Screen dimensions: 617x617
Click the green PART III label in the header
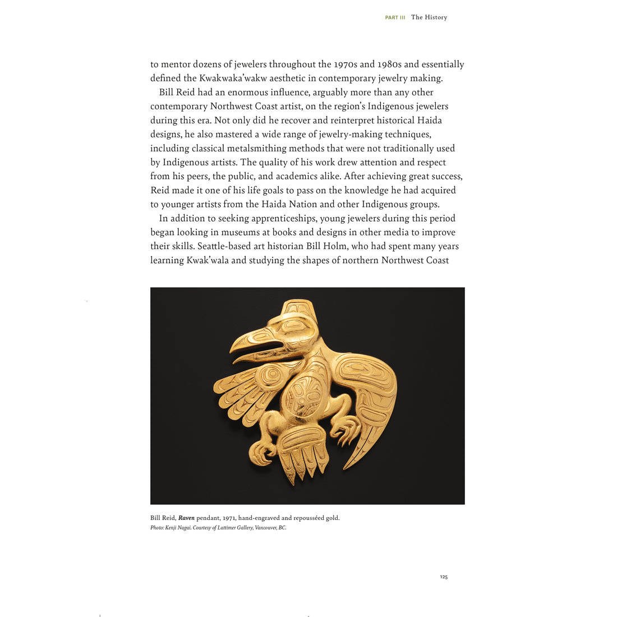(x=395, y=18)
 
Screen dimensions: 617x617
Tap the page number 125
(x=444, y=577)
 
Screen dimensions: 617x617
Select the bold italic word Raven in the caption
(x=186, y=518)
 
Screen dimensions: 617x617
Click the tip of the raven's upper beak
(x=232, y=344)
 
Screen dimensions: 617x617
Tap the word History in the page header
(x=436, y=17)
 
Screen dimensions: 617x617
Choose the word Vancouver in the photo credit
(x=266, y=528)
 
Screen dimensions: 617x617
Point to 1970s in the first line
(x=349, y=65)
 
